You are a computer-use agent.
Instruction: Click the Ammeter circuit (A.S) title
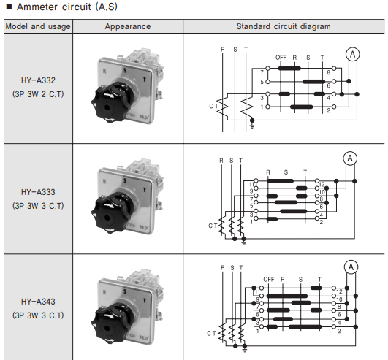pyautogui.click(x=67, y=7)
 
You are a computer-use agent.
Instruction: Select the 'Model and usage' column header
pyautogui.click(x=38, y=26)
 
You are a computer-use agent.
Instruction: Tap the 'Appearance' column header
pyautogui.click(x=128, y=26)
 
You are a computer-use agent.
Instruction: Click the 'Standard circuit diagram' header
pyautogui.click(x=284, y=26)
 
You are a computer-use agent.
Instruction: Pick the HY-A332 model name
pyautogui.click(x=38, y=80)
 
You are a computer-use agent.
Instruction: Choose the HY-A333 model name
pyautogui.click(x=38, y=192)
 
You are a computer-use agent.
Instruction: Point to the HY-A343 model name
pyautogui.click(x=38, y=302)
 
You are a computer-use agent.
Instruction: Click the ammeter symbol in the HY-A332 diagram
pyautogui.click(x=353, y=54)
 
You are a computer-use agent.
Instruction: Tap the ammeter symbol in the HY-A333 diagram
pyautogui.click(x=350, y=158)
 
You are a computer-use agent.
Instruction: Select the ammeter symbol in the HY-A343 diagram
pyautogui.click(x=351, y=267)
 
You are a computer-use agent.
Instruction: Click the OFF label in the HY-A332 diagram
pyautogui.click(x=281, y=58)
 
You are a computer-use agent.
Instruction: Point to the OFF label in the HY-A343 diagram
pyautogui.click(x=269, y=280)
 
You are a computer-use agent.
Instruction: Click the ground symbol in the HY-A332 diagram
pyautogui.click(x=252, y=126)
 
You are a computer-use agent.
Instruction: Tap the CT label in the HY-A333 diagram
pyautogui.click(x=213, y=226)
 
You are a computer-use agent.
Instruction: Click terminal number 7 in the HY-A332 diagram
pyautogui.click(x=262, y=72)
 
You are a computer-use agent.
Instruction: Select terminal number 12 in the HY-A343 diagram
pyautogui.click(x=339, y=292)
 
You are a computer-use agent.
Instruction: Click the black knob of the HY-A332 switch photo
pyautogui.click(x=111, y=104)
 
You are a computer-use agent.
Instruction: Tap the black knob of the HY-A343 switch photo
pyautogui.click(x=111, y=324)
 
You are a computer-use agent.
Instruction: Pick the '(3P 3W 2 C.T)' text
pyautogui.click(x=38, y=94)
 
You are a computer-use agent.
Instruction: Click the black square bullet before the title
pyautogui.click(x=9, y=7)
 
